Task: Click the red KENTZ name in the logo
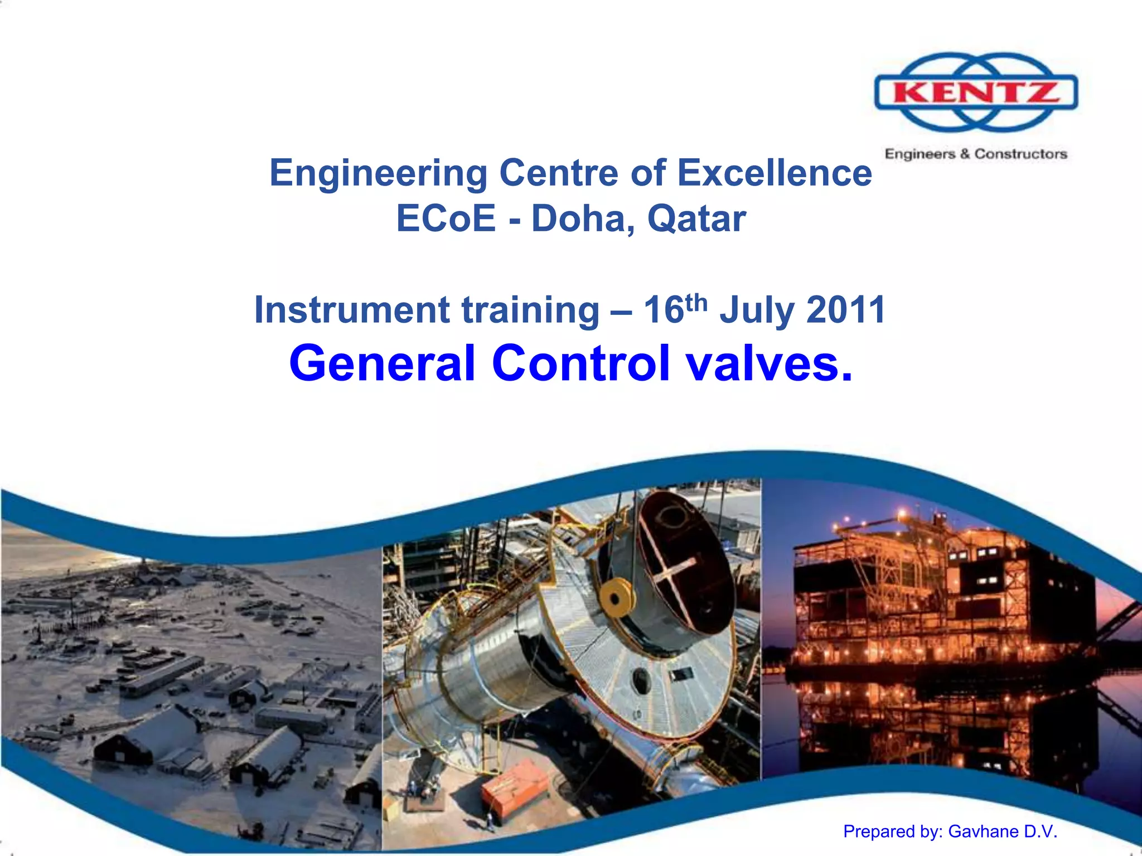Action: click(976, 92)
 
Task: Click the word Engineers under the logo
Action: click(920, 154)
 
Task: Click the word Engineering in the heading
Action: click(378, 173)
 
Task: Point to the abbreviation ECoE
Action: click(446, 218)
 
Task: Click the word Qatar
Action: click(696, 218)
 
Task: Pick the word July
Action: click(757, 310)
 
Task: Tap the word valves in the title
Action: click(769, 363)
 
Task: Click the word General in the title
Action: click(382, 363)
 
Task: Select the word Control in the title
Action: click(580, 363)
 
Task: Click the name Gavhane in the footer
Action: click(983, 831)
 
